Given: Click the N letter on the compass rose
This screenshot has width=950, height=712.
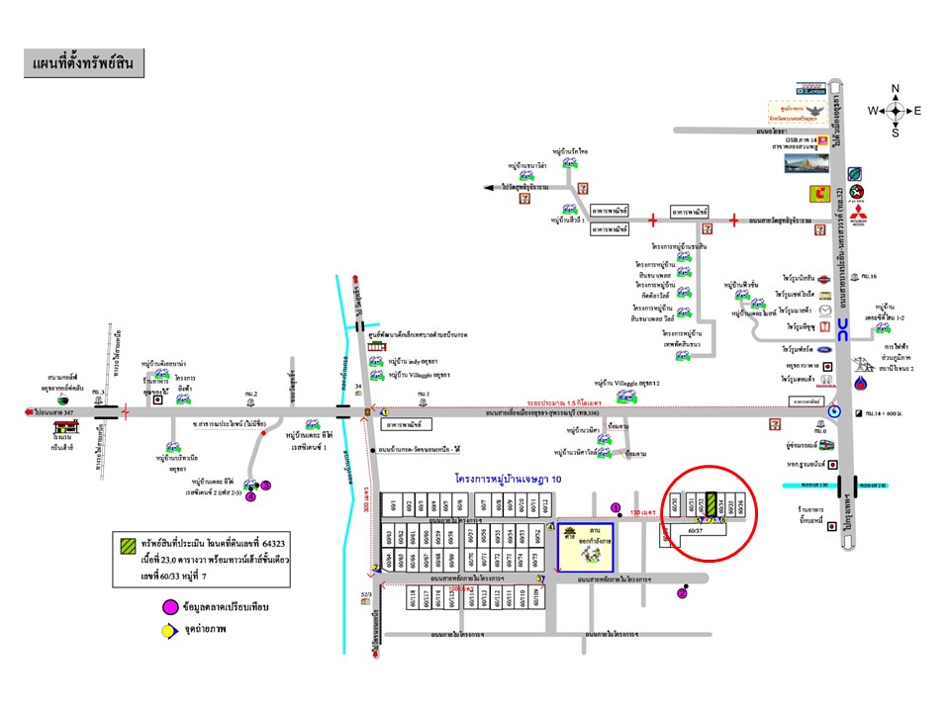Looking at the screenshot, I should point(896,89).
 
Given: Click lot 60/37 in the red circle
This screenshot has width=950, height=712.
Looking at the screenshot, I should point(696,530).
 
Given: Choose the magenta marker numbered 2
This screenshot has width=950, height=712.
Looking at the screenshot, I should point(682,593).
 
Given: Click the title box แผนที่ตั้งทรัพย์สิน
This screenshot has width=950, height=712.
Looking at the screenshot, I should point(84,64).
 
